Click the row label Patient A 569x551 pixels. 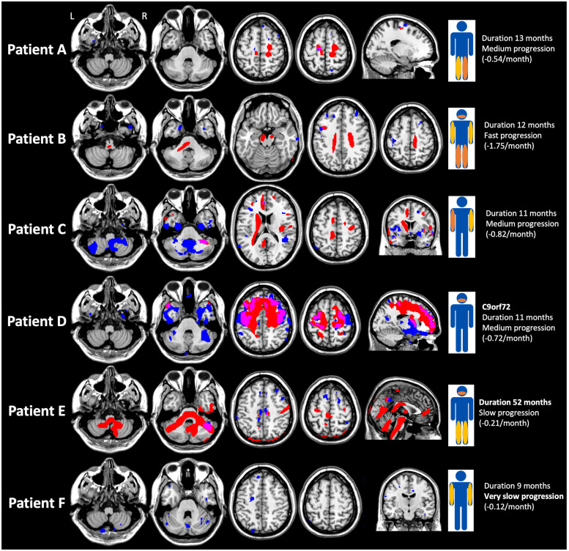coord(37,49)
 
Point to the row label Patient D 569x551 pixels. coord(37,320)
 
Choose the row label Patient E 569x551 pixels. coord(37,411)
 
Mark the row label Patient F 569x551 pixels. coord(37,502)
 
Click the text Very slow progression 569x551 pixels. coord(524,495)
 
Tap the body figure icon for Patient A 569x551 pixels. coord(461,49)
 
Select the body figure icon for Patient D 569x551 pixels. coord(461,321)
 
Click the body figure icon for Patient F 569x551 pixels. coord(461,502)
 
